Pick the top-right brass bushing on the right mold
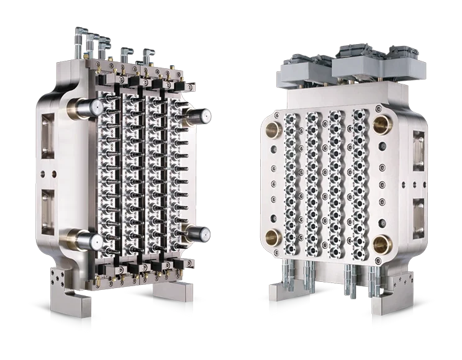click(x=380, y=125)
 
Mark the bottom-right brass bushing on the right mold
click(x=381, y=242)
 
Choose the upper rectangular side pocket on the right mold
click(x=419, y=149)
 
